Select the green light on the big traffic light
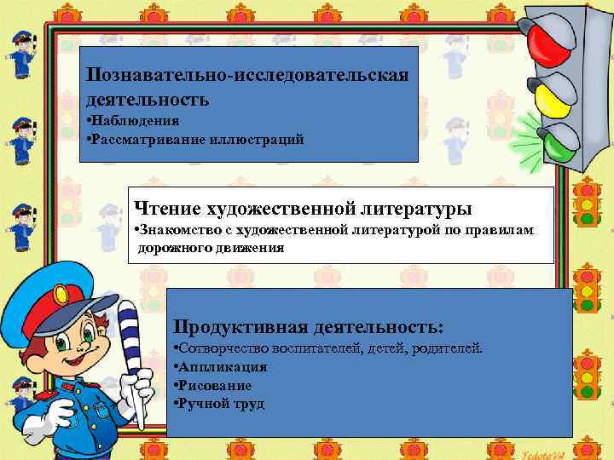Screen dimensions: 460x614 [556, 143]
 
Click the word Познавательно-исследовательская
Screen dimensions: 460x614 [247, 74]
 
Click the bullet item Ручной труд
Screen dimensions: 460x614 [221, 403]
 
